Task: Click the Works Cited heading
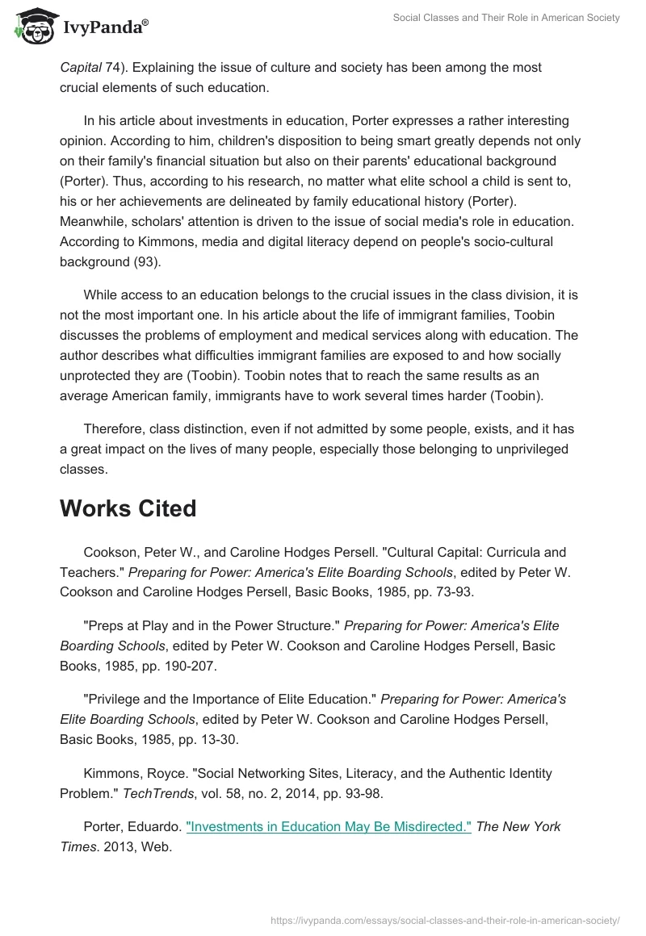click(128, 508)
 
